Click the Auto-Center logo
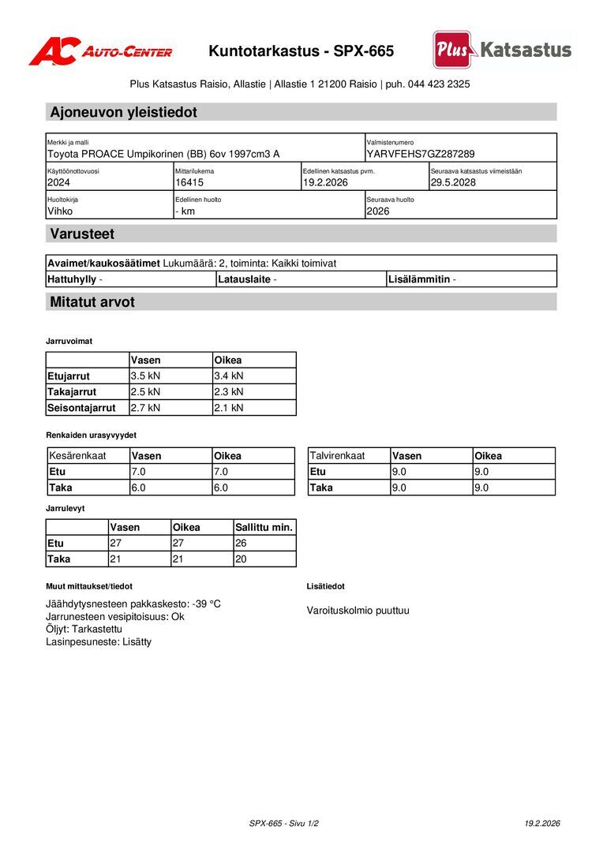click(100, 52)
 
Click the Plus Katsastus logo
click(502, 50)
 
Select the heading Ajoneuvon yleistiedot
click(124, 112)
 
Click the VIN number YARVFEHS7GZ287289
click(421, 154)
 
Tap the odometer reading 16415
click(189, 182)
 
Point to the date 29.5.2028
click(453, 182)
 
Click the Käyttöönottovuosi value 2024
click(59, 182)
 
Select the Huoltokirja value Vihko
click(60, 211)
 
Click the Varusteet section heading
click(82, 234)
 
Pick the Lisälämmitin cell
click(421, 279)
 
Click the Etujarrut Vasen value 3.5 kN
click(145, 376)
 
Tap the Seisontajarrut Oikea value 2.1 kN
click(229, 408)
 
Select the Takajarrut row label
click(72, 392)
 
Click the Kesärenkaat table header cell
click(77, 456)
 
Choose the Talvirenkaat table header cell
click(337, 456)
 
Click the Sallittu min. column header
click(264, 528)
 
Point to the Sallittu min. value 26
click(242, 544)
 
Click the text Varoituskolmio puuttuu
click(358, 611)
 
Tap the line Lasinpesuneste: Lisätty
click(99, 642)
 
